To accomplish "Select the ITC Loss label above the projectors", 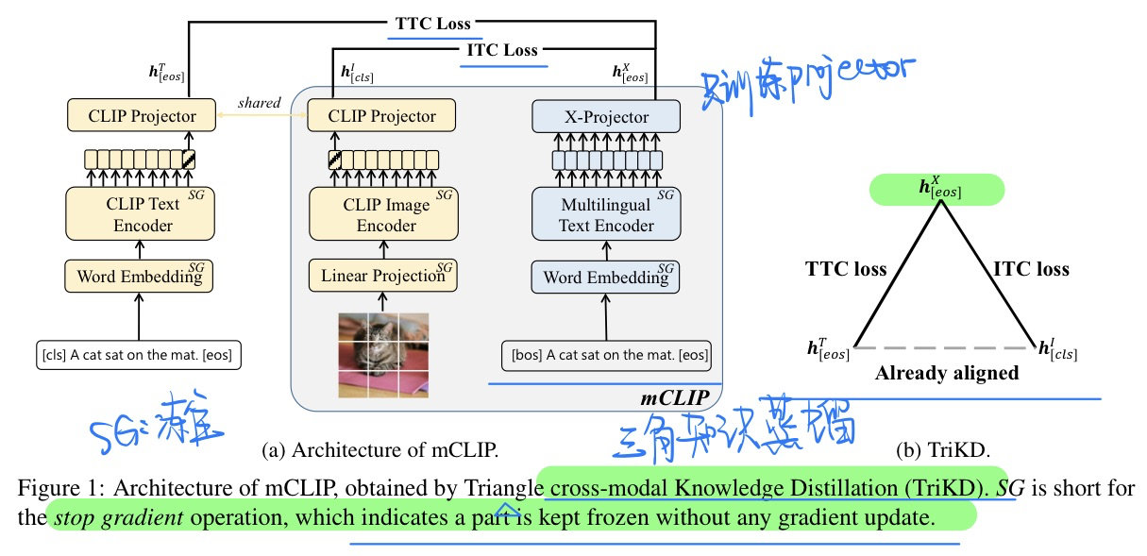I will tap(503, 50).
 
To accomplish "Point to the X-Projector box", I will tap(606, 117).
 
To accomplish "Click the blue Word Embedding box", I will tap(605, 278).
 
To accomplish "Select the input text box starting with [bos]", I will tap(606, 356).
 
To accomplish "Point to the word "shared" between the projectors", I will tap(259, 102).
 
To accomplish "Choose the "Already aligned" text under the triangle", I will tap(946, 373).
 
